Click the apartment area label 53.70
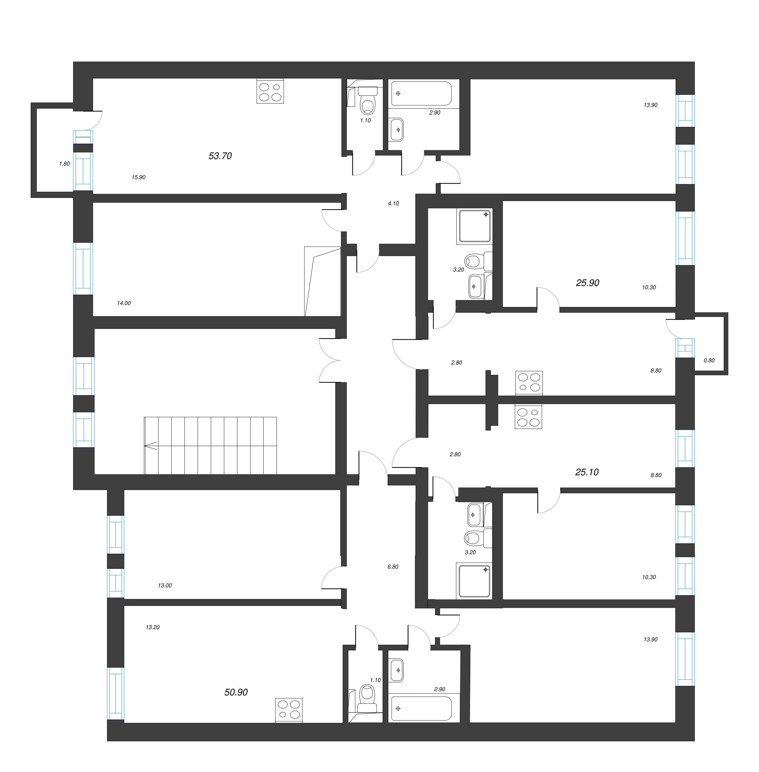(220, 156)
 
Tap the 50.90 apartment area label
(236, 692)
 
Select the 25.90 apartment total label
(588, 283)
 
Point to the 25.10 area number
(587, 472)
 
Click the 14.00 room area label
(124, 303)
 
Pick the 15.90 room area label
(138, 177)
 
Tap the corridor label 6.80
(393, 567)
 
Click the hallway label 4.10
(393, 203)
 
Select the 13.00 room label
(165, 585)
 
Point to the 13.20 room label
(152, 627)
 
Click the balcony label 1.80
(64, 163)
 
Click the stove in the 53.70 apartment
(270, 92)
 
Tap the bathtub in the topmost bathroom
(421, 93)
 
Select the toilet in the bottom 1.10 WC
(367, 695)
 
